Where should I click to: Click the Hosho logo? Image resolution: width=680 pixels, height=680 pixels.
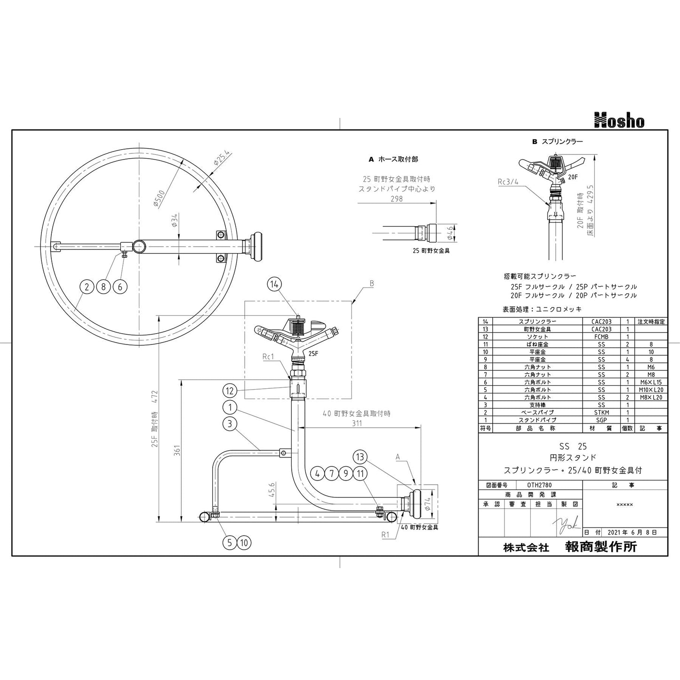pos(619,120)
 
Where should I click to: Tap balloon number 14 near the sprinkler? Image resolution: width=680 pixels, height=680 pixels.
pos(275,284)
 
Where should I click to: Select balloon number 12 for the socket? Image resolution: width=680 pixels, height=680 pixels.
pos(230,391)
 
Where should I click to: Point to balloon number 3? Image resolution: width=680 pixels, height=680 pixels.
pos(230,424)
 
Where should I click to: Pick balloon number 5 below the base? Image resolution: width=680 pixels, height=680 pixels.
pos(230,543)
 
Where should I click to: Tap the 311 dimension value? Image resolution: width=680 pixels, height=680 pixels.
pos(357,423)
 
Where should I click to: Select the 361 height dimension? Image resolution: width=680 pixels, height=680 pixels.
pos(177,450)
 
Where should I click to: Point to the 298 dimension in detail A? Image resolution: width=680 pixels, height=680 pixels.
pos(397,199)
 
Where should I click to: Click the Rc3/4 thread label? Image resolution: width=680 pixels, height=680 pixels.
pos(508,182)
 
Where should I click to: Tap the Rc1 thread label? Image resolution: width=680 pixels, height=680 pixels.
pos(268,357)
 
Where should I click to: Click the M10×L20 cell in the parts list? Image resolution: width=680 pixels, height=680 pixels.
pos(651,390)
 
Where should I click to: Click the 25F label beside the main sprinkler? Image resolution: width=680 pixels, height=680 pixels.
pos(313,353)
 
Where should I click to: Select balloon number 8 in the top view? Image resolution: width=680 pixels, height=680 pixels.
pos(104,287)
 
